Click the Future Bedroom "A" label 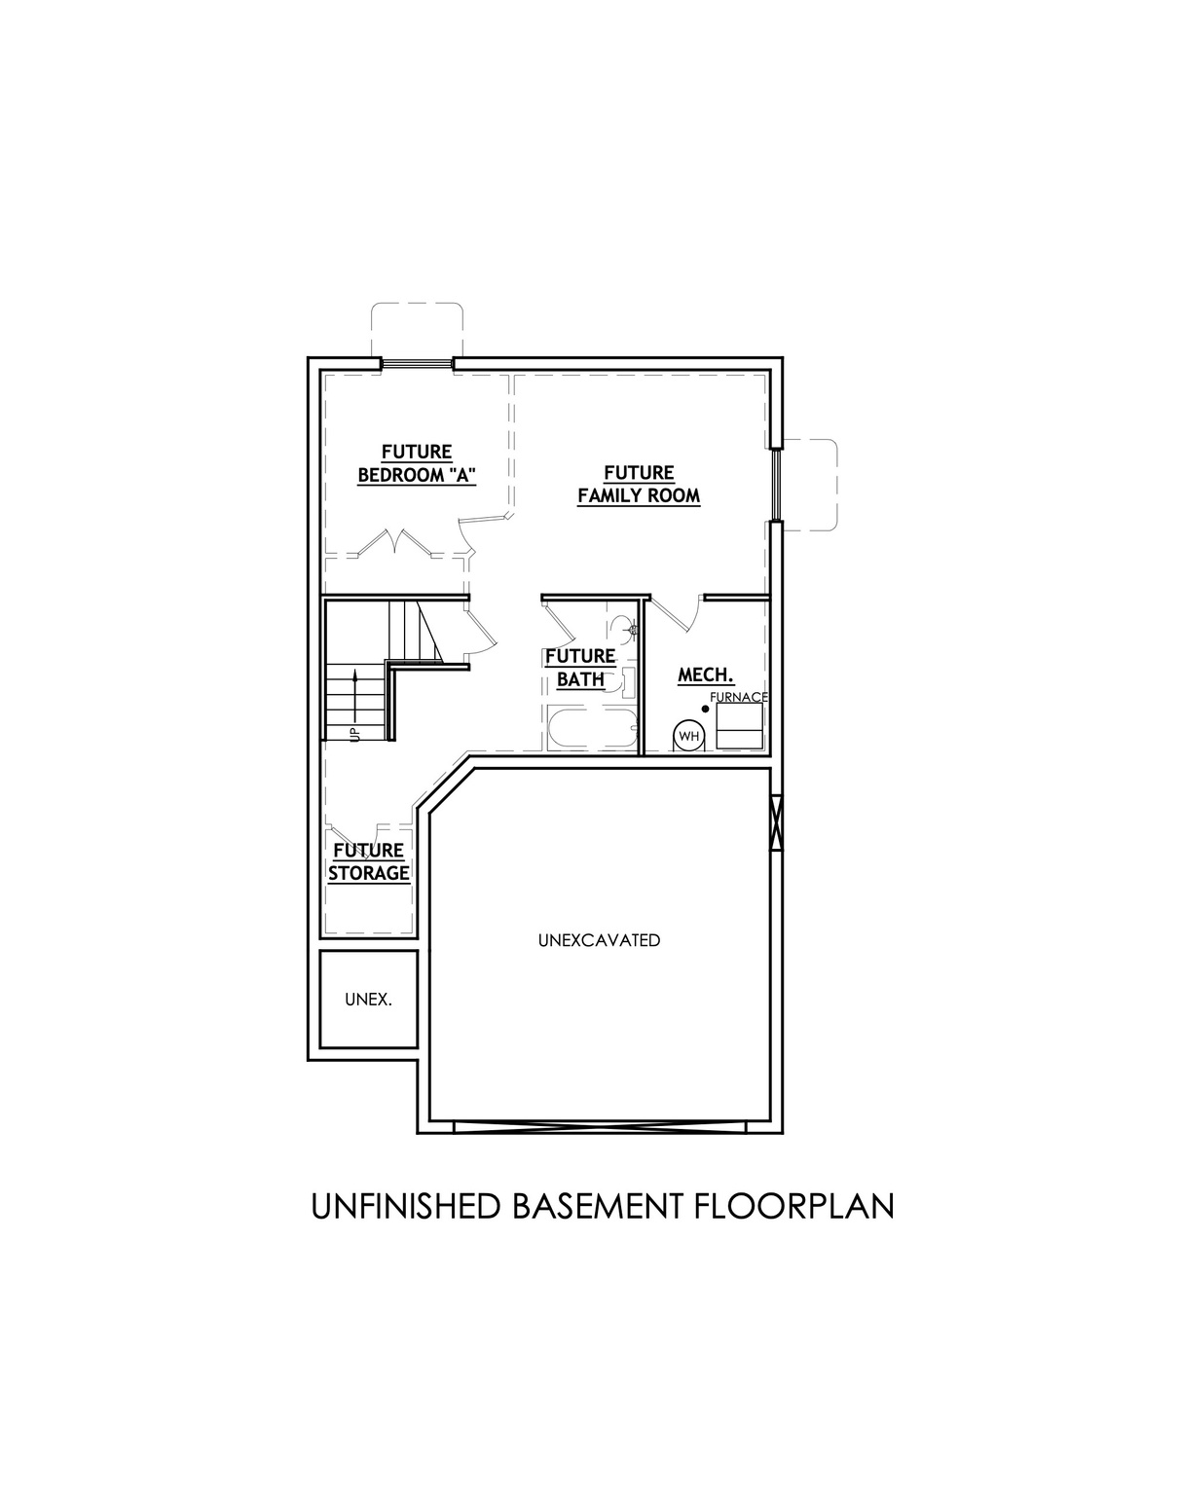417,463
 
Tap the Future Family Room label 639,484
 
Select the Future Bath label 580,668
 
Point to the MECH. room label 705,675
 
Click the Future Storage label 368,861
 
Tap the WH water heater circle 689,736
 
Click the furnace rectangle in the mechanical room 739,726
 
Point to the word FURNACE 739,697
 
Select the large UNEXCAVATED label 599,940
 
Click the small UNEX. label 368,1000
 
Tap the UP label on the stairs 354,732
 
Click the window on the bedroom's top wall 417,364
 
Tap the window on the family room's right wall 776,485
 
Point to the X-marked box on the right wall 776,824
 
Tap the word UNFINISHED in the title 405,1206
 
